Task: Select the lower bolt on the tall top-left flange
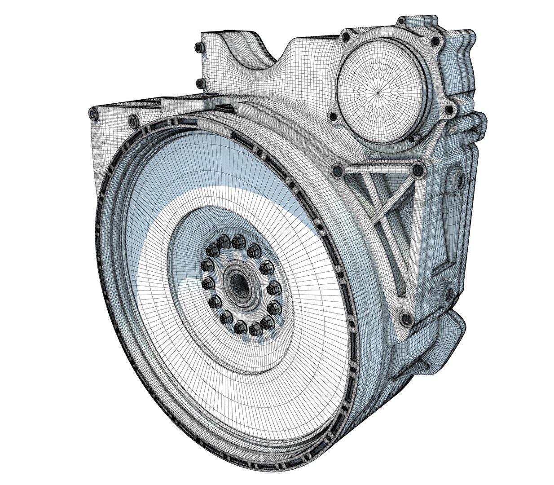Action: click(198, 82)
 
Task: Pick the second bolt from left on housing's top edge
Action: click(132, 120)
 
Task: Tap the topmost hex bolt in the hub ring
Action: click(237, 242)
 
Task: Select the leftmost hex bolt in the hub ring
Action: click(206, 284)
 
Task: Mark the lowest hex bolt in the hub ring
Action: click(255, 330)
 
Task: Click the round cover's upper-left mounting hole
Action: click(346, 35)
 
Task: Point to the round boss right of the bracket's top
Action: click(458, 180)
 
